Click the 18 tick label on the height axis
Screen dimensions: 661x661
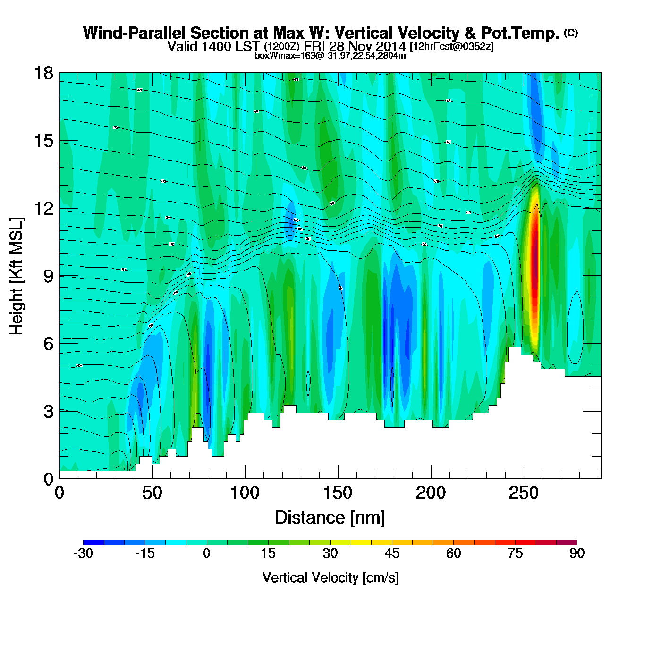[x=43, y=73]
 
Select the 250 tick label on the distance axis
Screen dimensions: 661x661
[x=523, y=493]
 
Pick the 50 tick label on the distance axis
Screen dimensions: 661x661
[x=152, y=493]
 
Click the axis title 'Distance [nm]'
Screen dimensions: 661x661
[x=330, y=518]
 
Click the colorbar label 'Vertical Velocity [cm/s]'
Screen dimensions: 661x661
[x=330, y=577]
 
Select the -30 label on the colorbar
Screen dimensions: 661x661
[x=83, y=553]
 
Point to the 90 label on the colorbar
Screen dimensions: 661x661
[x=577, y=553]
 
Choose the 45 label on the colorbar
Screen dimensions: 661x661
[x=392, y=553]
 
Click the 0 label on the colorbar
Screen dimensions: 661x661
[x=207, y=553]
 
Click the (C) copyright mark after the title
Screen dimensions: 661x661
[x=571, y=33]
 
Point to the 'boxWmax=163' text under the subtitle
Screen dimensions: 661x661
[x=279, y=56]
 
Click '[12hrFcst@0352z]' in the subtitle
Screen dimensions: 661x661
[x=452, y=47]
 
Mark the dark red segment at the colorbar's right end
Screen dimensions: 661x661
[x=567, y=542]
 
